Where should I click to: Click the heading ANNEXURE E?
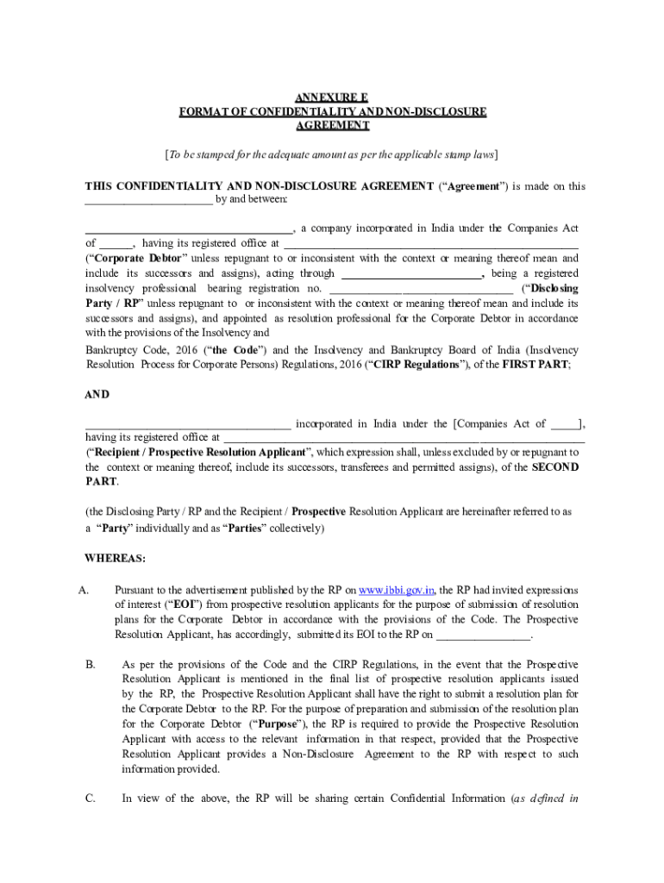coord(332,98)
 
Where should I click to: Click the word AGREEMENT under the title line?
coord(332,125)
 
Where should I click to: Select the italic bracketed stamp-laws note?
coord(332,154)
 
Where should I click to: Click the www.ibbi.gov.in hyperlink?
coord(397,591)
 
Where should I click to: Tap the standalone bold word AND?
coord(97,394)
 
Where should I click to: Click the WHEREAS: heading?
coord(115,558)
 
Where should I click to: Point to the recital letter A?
coord(84,591)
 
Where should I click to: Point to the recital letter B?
coord(90,665)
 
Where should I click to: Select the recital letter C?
coord(90,798)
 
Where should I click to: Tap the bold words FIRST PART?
coord(536,365)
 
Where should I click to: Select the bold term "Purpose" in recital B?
coord(278,724)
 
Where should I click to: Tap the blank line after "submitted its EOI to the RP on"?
coord(483,636)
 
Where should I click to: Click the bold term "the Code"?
coord(233,351)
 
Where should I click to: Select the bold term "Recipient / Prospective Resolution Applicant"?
coord(197,452)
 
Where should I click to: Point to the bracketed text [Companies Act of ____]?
coord(519,423)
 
